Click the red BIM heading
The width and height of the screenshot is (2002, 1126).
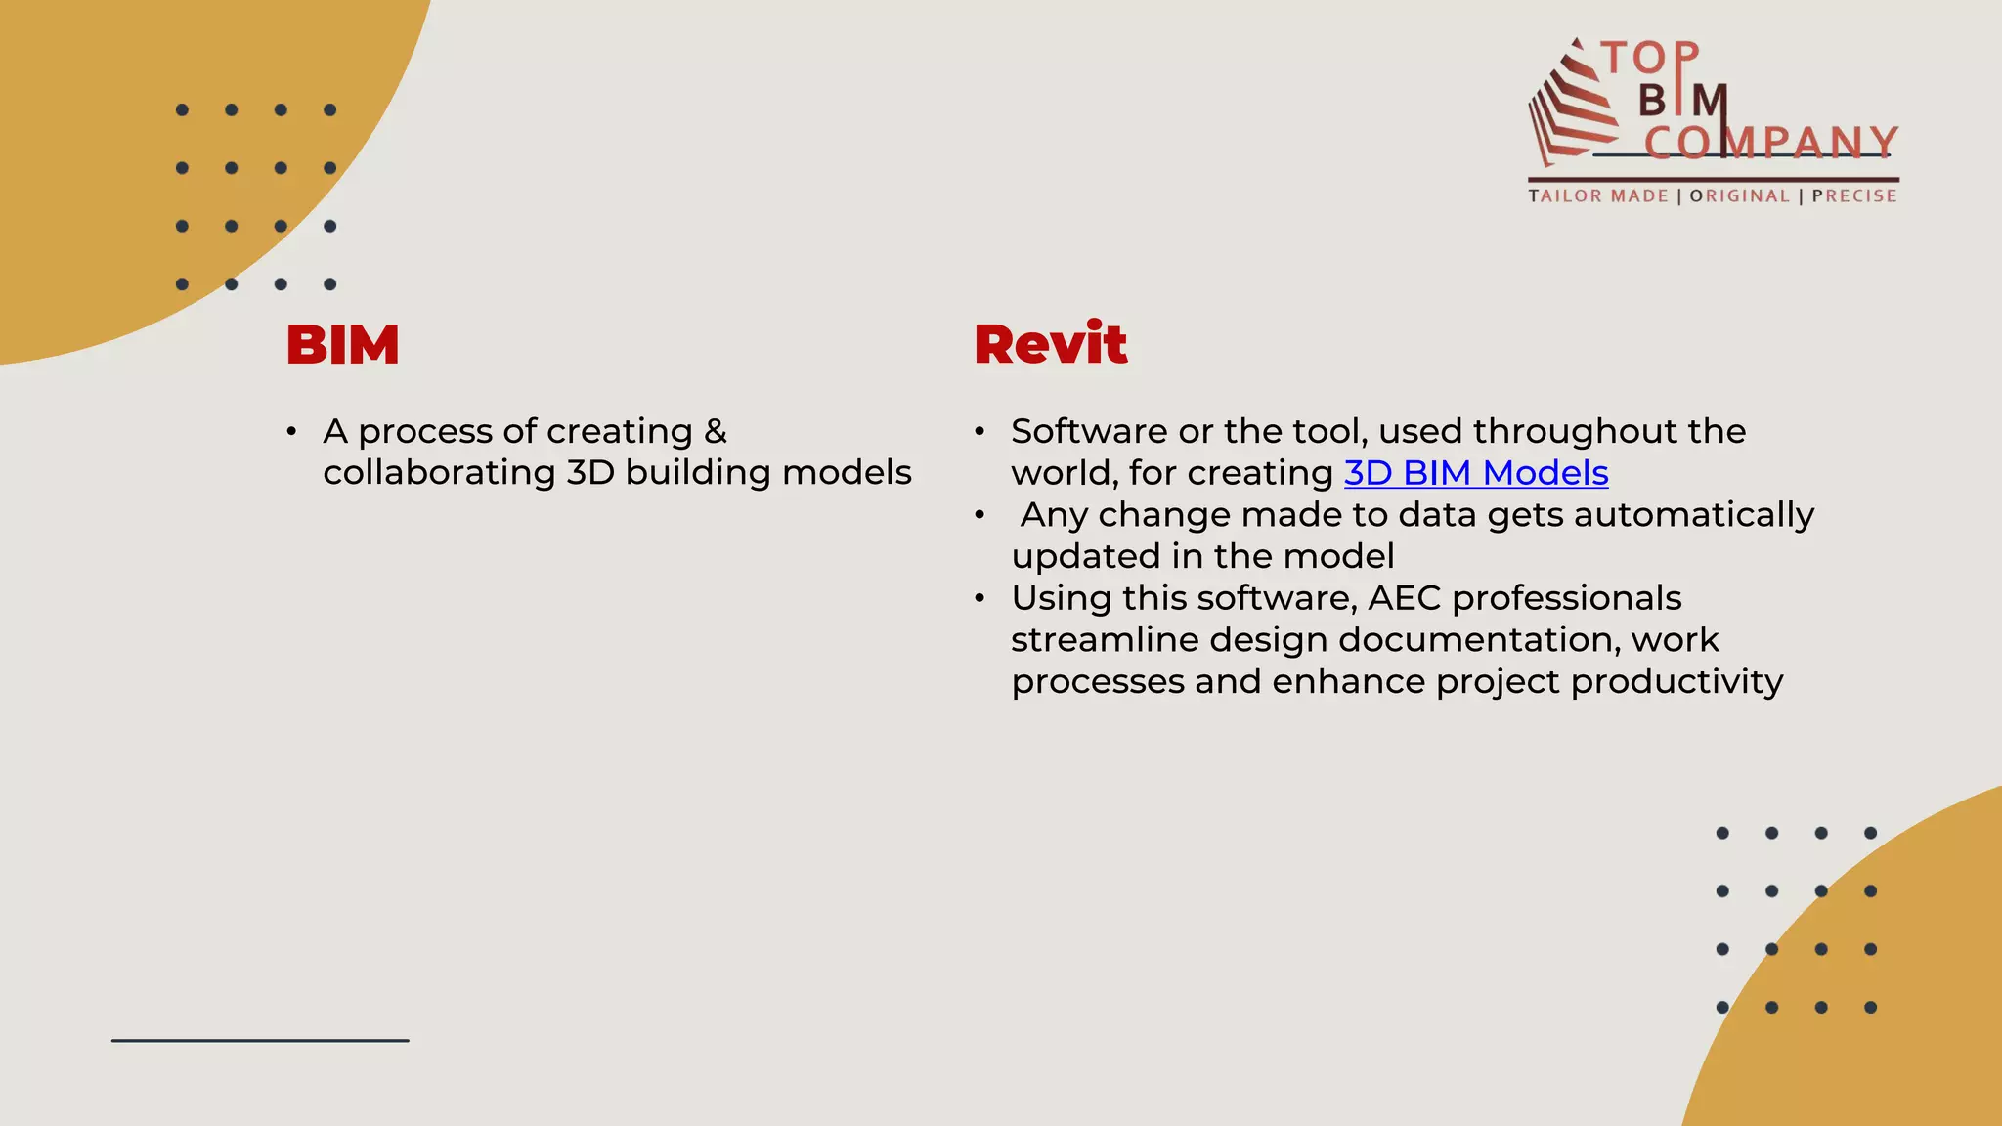[x=342, y=345]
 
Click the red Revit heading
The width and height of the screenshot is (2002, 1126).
[x=1050, y=345]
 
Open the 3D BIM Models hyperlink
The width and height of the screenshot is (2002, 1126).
[x=1475, y=473]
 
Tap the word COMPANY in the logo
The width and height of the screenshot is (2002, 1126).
[x=1770, y=143]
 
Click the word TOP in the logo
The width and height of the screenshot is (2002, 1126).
[x=1650, y=59]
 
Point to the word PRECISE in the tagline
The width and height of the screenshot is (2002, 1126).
[x=1853, y=196]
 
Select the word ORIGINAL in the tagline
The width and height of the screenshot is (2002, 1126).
[x=1739, y=196]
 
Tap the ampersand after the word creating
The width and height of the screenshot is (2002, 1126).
[x=716, y=431]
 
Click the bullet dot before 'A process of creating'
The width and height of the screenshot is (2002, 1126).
[x=291, y=431]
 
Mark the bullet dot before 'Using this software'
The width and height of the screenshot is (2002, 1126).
[x=979, y=598]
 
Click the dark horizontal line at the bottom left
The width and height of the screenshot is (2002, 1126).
[x=260, y=1040]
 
